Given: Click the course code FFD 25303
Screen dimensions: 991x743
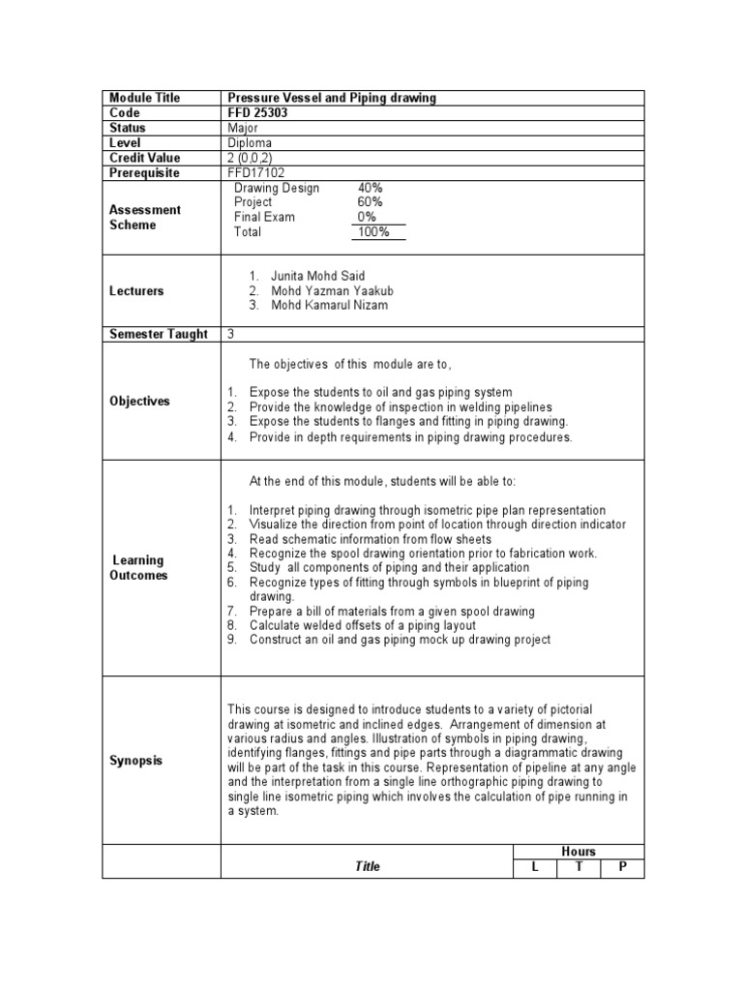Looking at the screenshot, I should click(256, 113).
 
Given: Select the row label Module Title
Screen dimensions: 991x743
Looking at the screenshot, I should click(145, 98).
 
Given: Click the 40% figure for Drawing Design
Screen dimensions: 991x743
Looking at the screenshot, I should click(371, 188).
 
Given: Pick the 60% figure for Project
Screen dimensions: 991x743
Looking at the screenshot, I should click(371, 202).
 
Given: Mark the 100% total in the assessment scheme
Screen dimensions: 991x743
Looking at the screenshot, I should click(372, 232).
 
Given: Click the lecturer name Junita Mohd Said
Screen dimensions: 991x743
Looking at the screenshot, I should click(318, 276).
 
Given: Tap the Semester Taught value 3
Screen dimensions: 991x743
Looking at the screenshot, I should click(231, 334).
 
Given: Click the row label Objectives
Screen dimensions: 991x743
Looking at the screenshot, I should click(139, 401).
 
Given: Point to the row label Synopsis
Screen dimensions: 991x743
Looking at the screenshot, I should click(136, 761).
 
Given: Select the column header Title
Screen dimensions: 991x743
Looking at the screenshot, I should click(368, 867).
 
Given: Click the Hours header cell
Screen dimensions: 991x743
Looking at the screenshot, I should click(579, 852).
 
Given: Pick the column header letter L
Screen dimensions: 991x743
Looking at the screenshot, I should click(534, 867).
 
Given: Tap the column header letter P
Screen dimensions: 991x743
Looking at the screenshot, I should click(622, 867).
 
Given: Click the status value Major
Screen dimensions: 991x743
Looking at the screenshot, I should click(242, 128).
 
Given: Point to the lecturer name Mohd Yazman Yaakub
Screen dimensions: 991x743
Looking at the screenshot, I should click(333, 291).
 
